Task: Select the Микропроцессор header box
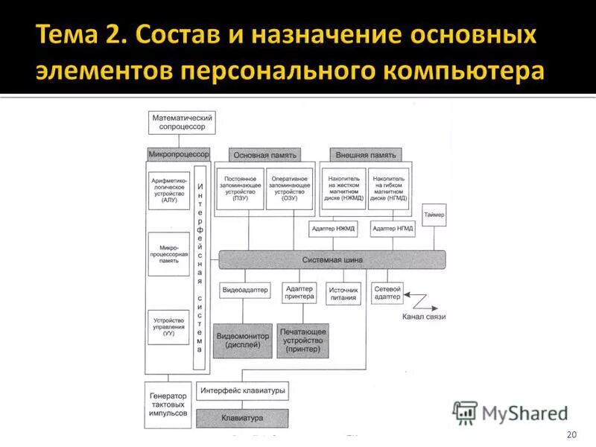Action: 179,155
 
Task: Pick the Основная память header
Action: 265,155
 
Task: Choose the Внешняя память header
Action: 366,155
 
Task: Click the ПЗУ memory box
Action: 240,188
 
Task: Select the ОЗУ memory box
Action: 290,188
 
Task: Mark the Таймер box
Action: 434,216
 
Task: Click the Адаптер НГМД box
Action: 393,229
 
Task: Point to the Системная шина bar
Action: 332,260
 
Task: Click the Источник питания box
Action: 343,293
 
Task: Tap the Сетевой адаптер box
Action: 387,293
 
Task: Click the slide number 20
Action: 571,434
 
